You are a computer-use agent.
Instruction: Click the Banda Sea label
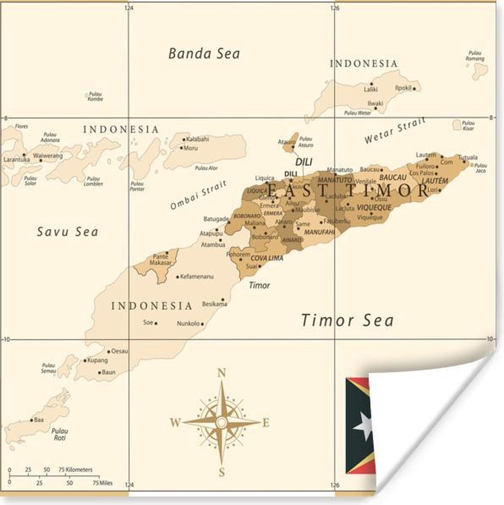[204, 53]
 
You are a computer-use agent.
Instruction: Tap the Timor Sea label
[347, 321]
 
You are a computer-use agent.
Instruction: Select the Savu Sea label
[67, 232]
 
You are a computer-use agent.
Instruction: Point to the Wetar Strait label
[395, 131]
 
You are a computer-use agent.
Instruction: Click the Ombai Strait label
[198, 195]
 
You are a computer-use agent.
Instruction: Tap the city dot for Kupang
[85, 361]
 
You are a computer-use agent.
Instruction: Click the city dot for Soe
[156, 323]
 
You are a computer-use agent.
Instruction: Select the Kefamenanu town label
[197, 277]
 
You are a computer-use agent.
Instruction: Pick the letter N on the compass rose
[221, 373]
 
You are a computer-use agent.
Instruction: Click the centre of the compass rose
[221, 422]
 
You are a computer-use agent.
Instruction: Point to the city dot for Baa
[31, 420]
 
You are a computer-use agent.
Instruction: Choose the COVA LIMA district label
[267, 258]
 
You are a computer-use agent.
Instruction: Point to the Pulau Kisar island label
[468, 125]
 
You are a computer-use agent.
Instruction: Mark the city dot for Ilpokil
[414, 89]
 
